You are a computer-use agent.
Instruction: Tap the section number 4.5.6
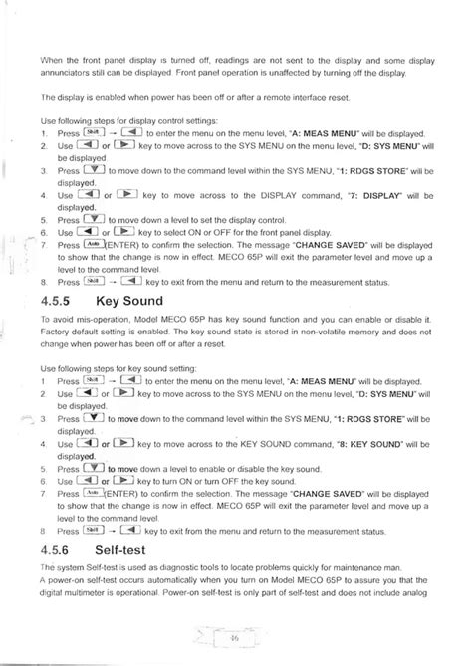click(x=65, y=548)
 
